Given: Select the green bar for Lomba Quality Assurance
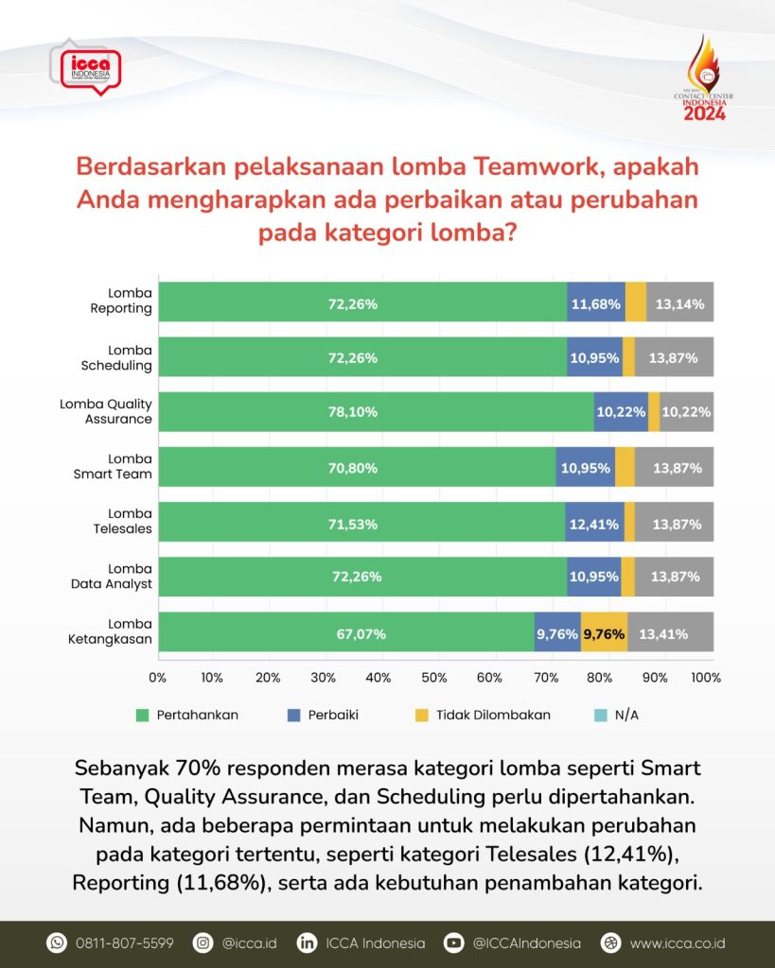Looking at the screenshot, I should click(376, 412).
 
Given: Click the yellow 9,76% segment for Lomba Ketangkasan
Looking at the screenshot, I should click(604, 633).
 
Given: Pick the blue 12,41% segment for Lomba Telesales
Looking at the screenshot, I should click(594, 523).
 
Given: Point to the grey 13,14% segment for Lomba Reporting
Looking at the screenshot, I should click(679, 302).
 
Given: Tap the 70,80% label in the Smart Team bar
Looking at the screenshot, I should click(357, 467).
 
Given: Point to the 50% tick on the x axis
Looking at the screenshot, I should click(433, 677).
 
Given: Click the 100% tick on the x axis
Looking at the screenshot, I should click(705, 677).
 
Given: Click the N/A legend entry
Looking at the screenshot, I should click(617, 715).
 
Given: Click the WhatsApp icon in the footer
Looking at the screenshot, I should click(57, 942).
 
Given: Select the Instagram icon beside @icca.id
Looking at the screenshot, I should click(202, 942).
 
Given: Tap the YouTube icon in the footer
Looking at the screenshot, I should click(454, 942).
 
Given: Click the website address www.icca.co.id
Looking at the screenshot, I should click(677, 942).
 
